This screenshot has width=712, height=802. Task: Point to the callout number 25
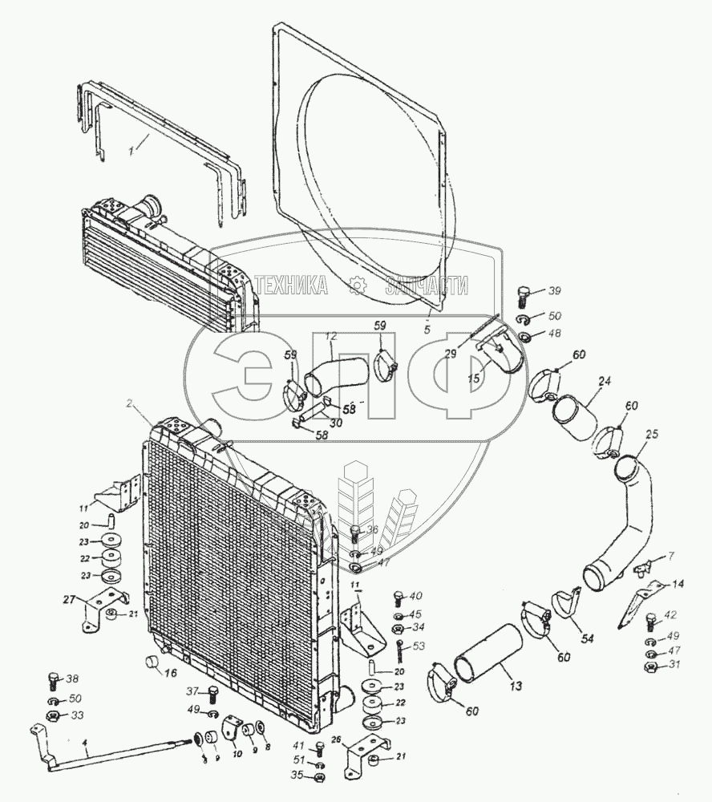pos(651,434)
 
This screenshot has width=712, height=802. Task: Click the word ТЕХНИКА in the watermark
pos(289,286)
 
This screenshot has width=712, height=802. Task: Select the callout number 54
pos(588,638)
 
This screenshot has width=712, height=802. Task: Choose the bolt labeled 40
pos(398,597)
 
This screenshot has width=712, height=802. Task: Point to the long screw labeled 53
pos(398,646)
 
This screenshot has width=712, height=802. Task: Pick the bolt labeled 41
pos(319,748)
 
